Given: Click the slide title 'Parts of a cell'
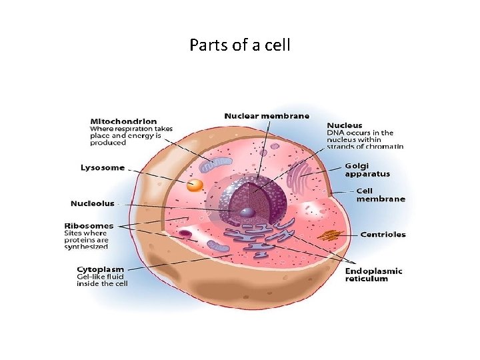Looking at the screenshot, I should [239, 46].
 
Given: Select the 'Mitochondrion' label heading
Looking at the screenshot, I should [124, 121].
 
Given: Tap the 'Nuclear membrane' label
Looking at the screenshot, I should [267, 116].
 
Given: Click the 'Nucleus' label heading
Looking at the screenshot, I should [345, 125].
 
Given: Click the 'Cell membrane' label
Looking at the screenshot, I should [381, 194].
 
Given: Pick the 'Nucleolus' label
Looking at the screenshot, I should [93, 203].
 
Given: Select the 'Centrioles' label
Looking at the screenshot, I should [383, 234].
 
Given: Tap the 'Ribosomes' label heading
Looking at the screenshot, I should [89, 225].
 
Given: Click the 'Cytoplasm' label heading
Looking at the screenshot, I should [100, 269].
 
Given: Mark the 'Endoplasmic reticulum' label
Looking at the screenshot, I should [374, 275].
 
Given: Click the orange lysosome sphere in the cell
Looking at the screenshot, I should [195, 186].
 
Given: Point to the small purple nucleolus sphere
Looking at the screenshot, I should [247, 213].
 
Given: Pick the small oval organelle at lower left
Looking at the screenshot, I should [185, 233].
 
